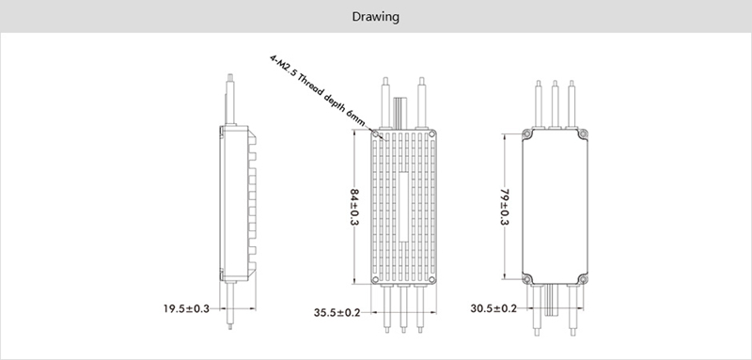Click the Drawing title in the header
click(x=375, y=17)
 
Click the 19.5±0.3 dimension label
click(x=186, y=308)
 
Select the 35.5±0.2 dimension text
click(x=337, y=313)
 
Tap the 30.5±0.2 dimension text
click(x=493, y=308)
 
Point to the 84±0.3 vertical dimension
click(x=355, y=207)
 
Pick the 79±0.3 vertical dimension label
click(x=505, y=207)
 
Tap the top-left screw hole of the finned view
click(x=375, y=134)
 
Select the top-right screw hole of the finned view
click(x=431, y=134)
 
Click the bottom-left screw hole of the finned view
click(x=375, y=279)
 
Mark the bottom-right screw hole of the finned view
click(x=431, y=279)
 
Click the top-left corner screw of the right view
click(x=526, y=134)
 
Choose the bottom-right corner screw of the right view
click(x=583, y=279)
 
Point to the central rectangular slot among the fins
click(x=404, y=207)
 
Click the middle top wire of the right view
click(x=555, y=104)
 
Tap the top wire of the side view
click(x=230, y=100)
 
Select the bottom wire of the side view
click(x=230, y=305)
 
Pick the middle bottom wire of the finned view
click(x=404, y=309)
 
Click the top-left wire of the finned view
click(x=385, y=102)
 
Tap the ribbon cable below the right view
click(x=551, y=300)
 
